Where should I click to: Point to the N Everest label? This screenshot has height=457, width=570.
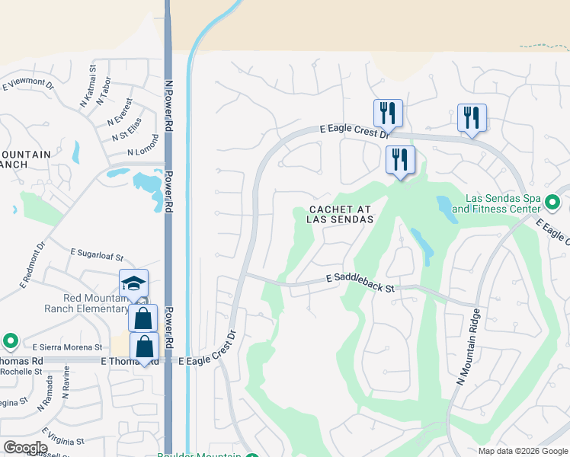coord(120,111)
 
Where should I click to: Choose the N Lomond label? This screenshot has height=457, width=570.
coord(144,145)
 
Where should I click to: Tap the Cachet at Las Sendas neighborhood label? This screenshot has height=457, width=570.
coord(341,214)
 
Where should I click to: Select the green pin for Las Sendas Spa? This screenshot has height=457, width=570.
coord(553,203)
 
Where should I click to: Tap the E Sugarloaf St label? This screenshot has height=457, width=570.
coord(96,255)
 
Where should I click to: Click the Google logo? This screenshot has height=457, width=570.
coord(25,447)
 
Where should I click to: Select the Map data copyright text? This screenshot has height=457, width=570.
coord(523,451)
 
